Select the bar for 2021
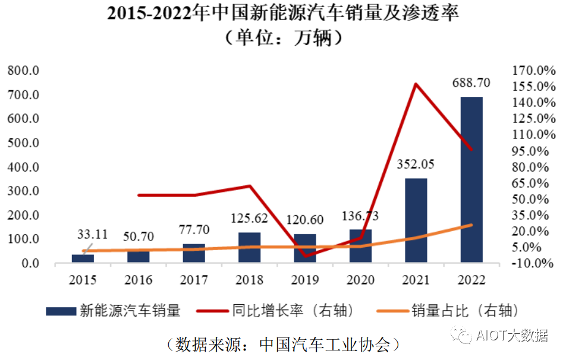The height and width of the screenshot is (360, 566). click(416, 220)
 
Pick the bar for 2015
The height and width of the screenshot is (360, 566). click(83, 258)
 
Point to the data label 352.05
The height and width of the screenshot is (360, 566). click(416, 164)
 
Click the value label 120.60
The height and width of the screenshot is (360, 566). click(305, 220)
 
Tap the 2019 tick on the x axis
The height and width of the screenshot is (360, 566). click(305, 280)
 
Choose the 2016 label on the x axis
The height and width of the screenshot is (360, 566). click(139, 280)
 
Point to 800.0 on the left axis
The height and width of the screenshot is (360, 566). click(23, 71)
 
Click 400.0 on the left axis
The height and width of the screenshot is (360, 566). click(23, 167)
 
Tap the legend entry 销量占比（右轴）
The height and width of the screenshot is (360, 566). click(463, 310)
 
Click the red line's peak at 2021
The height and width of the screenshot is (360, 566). click(416, 84)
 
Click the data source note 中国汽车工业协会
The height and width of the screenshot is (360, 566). click(325, 343)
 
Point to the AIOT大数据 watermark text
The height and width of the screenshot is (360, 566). click(512, 336)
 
